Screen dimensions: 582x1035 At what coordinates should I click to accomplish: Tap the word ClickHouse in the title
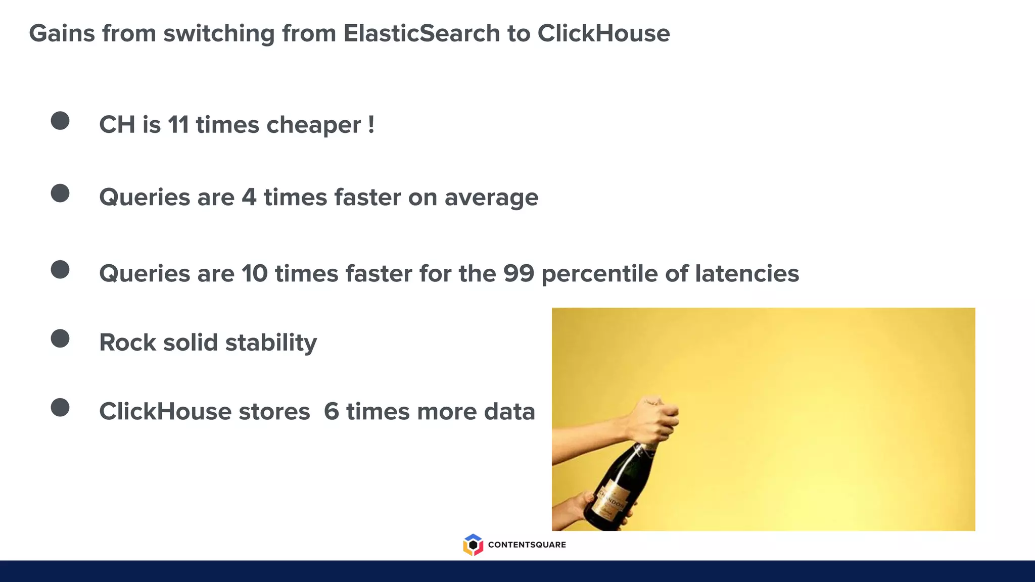603,34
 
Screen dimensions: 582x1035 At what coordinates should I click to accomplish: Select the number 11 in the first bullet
178,125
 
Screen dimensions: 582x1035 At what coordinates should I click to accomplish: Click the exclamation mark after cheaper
371,124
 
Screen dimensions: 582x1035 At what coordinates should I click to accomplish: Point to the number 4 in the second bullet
249,197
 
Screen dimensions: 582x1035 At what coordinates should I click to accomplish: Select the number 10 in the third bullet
254,273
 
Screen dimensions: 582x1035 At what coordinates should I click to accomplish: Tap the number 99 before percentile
519,273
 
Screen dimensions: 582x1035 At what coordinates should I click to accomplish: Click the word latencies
747,273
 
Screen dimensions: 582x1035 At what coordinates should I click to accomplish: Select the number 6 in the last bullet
331,411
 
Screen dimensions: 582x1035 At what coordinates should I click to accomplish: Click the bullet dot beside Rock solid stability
60,338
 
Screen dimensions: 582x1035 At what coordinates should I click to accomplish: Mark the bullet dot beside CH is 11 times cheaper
60,121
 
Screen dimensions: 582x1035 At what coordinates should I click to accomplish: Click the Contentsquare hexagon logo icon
473,545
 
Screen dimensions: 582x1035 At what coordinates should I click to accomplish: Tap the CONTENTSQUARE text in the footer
527,545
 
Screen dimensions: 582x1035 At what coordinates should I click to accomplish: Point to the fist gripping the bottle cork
654,419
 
